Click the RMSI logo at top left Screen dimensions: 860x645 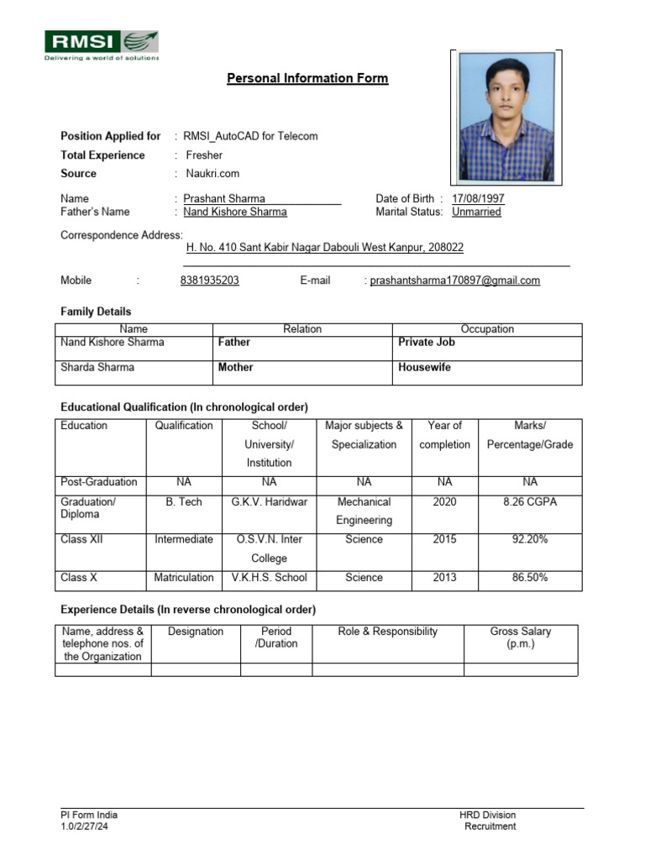point(101,45)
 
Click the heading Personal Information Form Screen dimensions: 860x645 point(307,78)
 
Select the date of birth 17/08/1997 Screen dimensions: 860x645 point(478,199)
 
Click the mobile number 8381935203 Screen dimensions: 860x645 point(209,281)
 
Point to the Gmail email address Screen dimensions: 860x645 point(454,281)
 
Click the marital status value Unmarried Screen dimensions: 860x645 point(476,212)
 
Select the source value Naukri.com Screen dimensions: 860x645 point(212,173)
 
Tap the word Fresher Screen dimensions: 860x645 point(204,155)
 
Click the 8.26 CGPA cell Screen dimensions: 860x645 point(529,501)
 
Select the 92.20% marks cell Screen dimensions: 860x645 point(529,539)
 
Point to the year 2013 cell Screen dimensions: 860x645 point(444,577)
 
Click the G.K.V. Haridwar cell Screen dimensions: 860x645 point(269,501)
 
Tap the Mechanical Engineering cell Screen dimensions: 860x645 point(364,511)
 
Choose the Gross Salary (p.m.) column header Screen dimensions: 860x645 point(520,637)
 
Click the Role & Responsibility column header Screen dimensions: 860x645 point(387,632)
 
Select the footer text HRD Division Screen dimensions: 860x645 point(487,815)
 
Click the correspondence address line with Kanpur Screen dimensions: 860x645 point(323,249)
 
